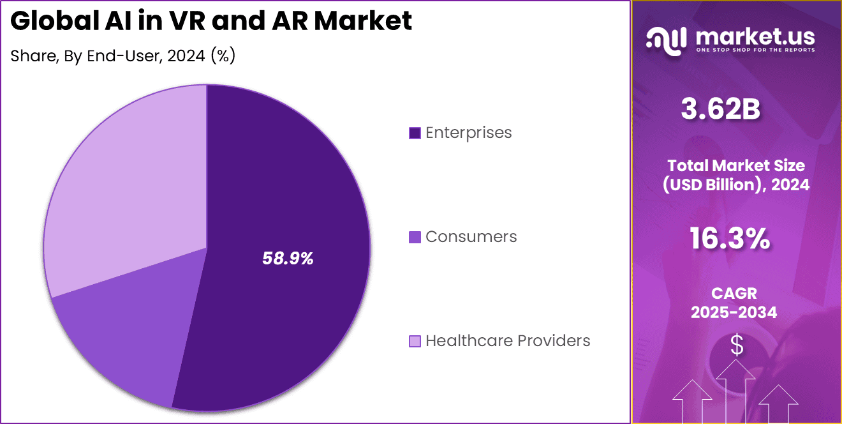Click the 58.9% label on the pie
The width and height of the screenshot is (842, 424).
point(288,259)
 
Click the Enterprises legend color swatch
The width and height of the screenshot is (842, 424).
point(415,133)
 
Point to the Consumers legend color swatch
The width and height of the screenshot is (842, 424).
point(415,237)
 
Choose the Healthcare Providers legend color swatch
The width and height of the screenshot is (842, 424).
point(415,341)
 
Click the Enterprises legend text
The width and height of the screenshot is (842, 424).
point(468,133)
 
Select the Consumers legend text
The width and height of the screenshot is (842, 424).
point(471,237)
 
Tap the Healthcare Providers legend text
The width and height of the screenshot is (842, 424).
point(508,341)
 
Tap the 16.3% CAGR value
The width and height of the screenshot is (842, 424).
point(730,239)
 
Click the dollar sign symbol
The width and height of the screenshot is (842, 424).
point(737,345)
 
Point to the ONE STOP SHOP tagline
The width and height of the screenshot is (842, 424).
point(755,50)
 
